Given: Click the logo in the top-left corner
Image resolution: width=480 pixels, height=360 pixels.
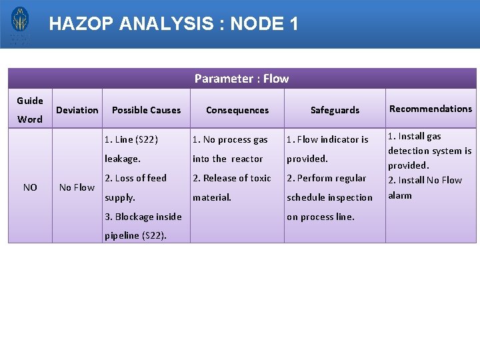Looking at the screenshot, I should point(20,24).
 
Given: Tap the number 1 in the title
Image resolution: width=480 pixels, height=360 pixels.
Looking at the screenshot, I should point(292,25).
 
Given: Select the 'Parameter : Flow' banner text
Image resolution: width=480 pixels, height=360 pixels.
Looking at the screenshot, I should point(241,79).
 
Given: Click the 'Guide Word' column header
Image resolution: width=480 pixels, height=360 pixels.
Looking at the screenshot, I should point(30,110).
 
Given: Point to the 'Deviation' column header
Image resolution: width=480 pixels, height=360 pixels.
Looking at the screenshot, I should point(77,110).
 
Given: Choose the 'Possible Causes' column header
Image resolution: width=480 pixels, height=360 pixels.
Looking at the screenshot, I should point(146,110).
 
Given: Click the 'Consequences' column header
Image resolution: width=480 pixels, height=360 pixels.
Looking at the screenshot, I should point(237,110).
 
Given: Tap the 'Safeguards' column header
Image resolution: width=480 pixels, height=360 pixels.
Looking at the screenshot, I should point(335,110).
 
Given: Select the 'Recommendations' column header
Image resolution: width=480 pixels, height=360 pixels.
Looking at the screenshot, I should point(431,109).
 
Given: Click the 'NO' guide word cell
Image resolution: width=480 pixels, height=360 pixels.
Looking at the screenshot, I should point(30,187).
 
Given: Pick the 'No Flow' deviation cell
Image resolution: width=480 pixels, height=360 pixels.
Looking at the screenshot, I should point(77,187).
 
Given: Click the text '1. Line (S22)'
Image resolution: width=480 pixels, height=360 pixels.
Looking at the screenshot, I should point(131,139).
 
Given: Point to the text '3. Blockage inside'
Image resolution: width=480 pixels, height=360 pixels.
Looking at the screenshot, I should point(143,217).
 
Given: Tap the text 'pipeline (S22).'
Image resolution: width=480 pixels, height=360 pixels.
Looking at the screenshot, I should point(136,235).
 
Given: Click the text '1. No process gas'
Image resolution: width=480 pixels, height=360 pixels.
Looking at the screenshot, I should point(230,139).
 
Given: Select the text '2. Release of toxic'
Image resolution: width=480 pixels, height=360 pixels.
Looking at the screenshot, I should point(232,178).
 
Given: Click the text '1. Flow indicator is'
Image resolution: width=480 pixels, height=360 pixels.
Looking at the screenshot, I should point(327,139).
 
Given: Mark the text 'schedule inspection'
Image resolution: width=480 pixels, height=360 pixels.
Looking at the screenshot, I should point(329,197).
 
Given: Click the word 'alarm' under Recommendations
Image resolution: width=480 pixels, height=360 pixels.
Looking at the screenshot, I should point(400,195).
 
